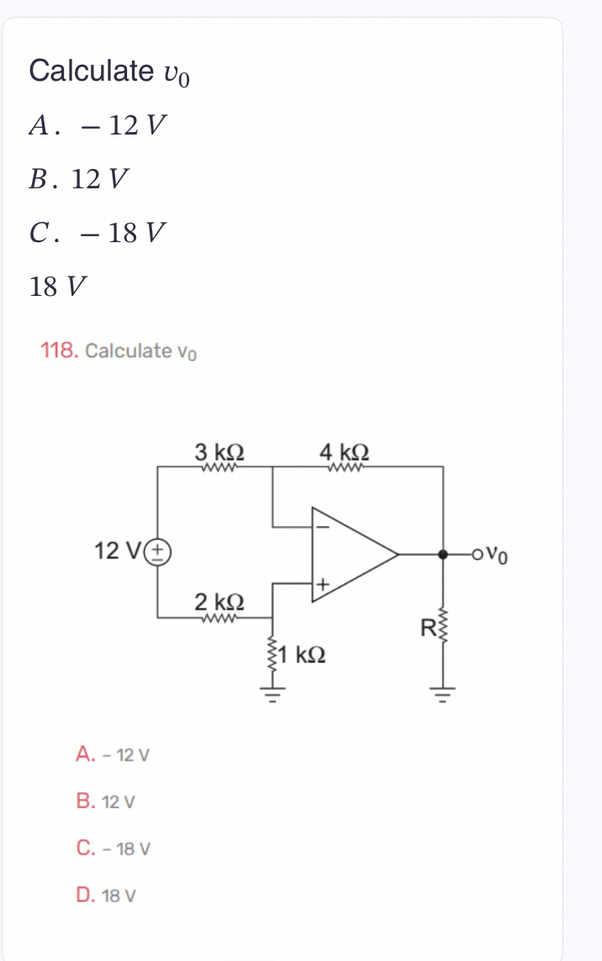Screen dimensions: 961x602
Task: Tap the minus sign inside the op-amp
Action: click(x=320, y=526)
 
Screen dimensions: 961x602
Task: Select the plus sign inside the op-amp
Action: click(x=321, y=583)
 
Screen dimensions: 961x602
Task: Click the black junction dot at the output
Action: click(x=443, y=554)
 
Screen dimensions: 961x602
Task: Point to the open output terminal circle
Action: click(x=478, y=554)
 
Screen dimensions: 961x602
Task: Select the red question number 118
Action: click(x=60, y=350)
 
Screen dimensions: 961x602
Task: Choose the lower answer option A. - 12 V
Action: click(x=113, y=754)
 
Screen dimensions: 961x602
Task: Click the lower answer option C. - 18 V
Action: click(x=113, y=848)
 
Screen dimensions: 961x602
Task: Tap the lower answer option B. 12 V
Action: click(x=106, y=801)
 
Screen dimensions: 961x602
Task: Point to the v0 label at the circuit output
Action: click(x=498, y=555)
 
